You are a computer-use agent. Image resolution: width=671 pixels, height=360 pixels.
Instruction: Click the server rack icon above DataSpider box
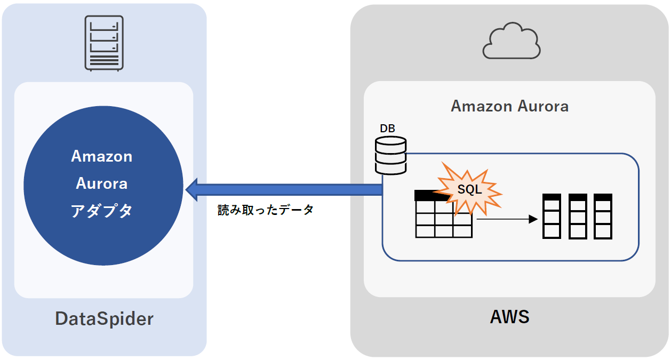pyautogui.click(x=104, y=43)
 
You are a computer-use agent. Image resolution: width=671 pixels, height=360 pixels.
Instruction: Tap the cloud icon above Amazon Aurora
pyautogui.click(x=512, y=41)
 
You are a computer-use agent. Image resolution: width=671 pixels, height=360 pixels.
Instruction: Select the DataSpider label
pyautogui.click(x=104, y=319)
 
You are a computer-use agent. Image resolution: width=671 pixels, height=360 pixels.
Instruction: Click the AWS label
pyautogui.click(x=509, y=317)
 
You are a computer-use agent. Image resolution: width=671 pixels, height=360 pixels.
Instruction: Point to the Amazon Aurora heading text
pyautogui.click(x=509, y=106)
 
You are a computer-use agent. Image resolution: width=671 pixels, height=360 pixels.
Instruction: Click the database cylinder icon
pyautogui.click(x=391, y=155)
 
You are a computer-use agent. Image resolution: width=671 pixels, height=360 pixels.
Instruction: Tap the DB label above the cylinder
pyautogui.click(x=387, y=129)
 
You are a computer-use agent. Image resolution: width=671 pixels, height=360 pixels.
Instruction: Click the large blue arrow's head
pyautogui.click(x=193, y=189)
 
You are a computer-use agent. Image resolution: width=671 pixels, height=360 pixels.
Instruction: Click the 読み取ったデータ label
pyautogui.click(x=266, y=210)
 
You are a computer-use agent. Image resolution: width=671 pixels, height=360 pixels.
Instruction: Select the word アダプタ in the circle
pyautogui.click(x=102, y=211)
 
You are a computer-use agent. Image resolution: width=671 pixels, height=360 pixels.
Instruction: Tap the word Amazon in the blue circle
pyautogui.click(x=102, y=156)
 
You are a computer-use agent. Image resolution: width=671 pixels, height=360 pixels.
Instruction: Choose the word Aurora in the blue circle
pyautogui.click(x=102, y=183)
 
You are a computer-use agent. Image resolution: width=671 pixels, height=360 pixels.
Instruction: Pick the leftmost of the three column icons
pyautogui.click(x=552, y=216)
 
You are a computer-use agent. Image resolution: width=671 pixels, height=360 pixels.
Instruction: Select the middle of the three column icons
pyautogui.click(x=578, y=216)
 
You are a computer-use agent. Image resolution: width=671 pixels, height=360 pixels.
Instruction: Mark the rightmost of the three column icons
pyautogui.click(x=603, y=216)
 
